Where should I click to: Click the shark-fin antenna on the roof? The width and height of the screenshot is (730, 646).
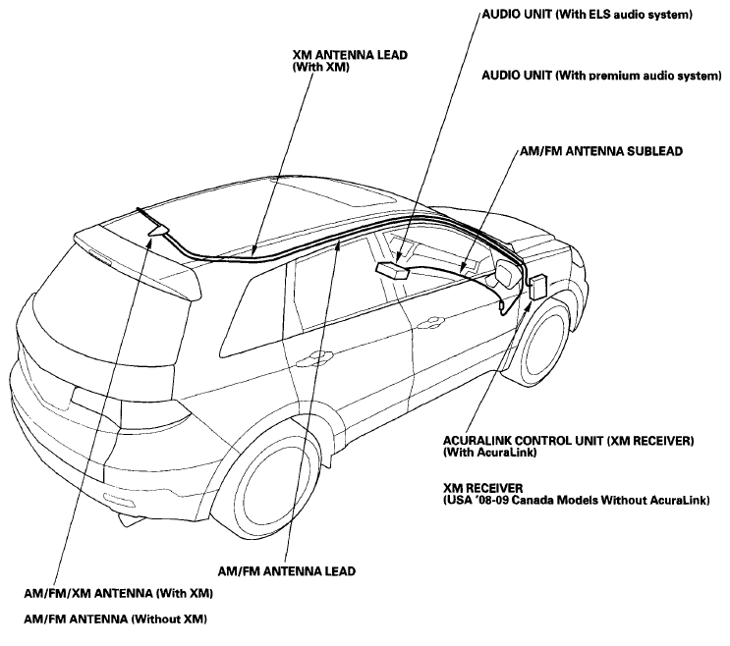159,230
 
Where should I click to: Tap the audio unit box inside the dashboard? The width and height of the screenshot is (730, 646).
392,270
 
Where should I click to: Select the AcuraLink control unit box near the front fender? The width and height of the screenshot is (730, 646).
538,288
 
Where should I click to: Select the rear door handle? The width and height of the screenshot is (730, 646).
317,355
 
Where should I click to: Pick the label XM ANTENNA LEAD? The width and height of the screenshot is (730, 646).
350,55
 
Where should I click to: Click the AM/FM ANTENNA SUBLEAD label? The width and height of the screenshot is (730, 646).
601,151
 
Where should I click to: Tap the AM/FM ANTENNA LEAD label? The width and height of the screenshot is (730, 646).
286,571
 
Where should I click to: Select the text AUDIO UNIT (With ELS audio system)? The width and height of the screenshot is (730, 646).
588,15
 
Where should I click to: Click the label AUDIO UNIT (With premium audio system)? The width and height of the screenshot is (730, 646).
601,76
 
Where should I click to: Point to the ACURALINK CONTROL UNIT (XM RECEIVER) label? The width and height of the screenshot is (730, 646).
569,441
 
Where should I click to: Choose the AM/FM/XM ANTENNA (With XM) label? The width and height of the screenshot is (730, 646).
118,593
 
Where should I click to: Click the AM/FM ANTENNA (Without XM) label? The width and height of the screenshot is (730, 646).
116,619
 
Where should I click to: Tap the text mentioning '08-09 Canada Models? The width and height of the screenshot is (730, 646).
577,501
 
